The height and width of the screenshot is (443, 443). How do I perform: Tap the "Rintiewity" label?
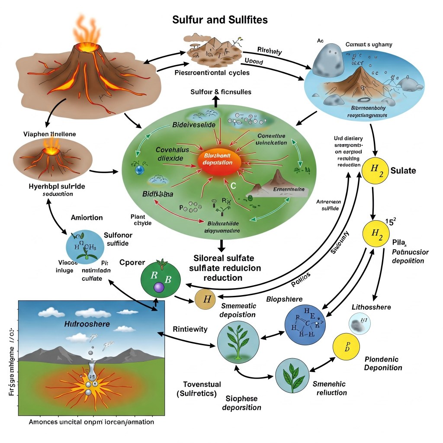pos(190,329)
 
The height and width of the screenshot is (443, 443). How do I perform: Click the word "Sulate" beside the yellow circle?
pos(403,170)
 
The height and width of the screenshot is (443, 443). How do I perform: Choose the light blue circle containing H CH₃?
pos(84,247)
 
